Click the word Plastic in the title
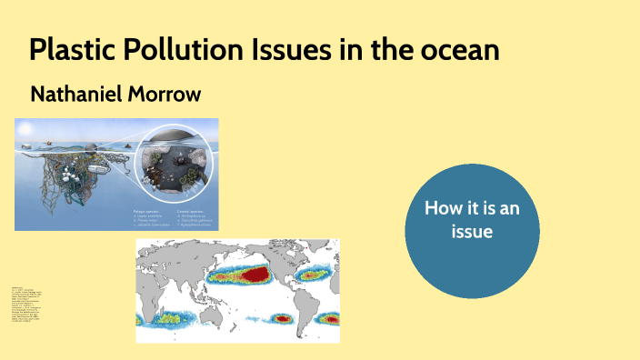69,50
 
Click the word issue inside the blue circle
472,232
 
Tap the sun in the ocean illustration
25,127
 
